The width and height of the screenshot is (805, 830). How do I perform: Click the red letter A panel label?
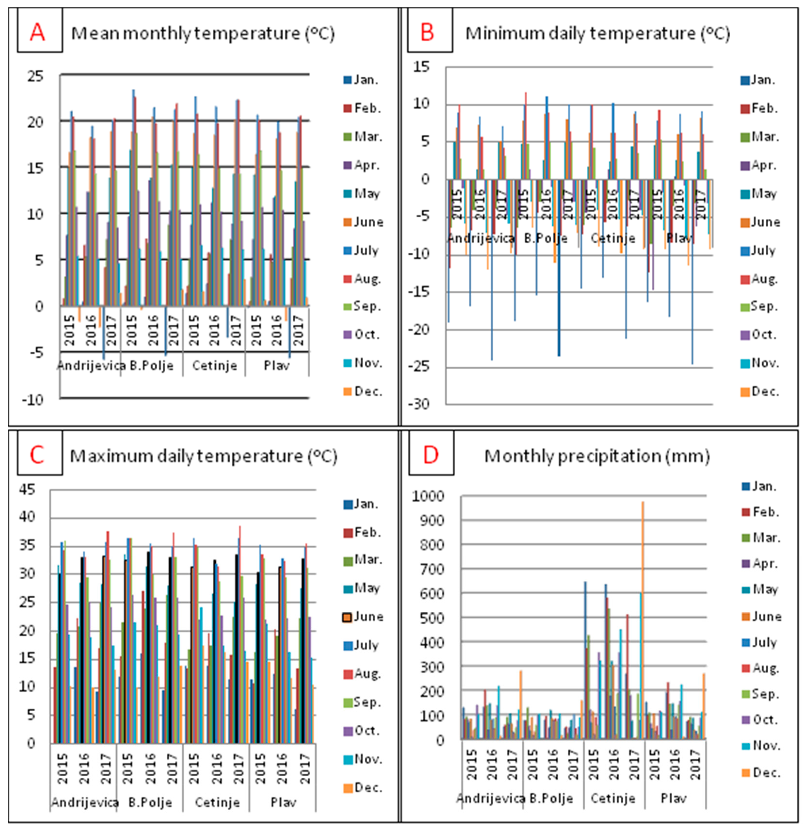37,32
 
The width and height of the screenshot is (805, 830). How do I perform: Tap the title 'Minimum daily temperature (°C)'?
598,33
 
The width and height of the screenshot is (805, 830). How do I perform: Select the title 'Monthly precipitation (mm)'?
597,456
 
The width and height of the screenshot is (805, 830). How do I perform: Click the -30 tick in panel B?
419,404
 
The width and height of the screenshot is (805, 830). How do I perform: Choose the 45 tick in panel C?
27,490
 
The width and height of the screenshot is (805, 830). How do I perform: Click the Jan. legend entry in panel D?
760,486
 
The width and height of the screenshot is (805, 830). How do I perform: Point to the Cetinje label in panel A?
215,365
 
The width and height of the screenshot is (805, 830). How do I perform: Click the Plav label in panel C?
283,802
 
